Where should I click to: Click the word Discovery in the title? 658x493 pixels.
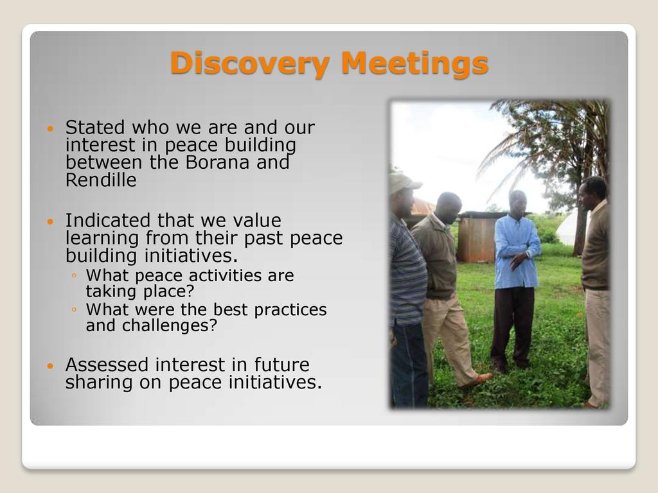(250, 63)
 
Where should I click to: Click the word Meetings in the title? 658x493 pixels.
(414, 63)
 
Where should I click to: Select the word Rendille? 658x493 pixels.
(101, 180)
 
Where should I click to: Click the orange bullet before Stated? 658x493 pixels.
(51, 128)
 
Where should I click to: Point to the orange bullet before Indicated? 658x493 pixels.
(51, 221)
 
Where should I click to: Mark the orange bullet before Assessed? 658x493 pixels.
(51, 365)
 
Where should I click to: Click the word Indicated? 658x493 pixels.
(108, 221)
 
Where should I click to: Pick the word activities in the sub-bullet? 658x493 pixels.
(220, 275)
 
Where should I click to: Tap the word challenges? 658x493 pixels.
(170, 325)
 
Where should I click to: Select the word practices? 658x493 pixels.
(290, 310)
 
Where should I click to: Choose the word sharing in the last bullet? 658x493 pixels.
(98, 383)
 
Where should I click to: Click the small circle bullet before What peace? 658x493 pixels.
(75, 275)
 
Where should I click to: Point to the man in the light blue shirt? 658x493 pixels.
(516, 279)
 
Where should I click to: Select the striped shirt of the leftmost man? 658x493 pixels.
(406, 272)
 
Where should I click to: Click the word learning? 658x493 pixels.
(102, 239)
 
